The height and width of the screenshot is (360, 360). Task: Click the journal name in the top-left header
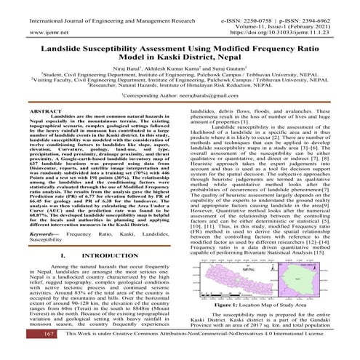tap(92, 5)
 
